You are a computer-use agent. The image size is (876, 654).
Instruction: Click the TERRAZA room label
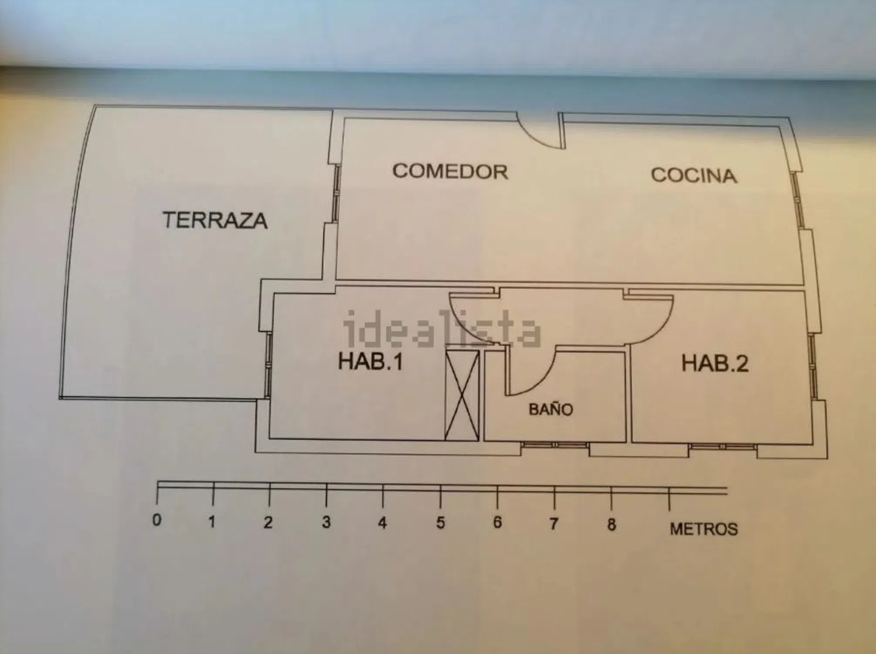pos(215,220)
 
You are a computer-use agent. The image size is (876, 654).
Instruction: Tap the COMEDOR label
pos(450,171)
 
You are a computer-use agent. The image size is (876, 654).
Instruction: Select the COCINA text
pos(694,175)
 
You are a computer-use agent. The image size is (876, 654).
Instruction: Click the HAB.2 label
pos(715,363)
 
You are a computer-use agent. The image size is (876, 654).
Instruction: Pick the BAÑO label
pos(551,409)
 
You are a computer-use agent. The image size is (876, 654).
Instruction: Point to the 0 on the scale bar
pos(156,520)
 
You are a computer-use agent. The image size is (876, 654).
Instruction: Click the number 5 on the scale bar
pos(440,523)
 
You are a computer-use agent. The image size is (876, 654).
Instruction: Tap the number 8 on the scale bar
pos(611,525)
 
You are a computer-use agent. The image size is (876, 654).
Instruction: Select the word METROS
pos(703,529)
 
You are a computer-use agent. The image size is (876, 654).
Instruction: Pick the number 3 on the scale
pos(326,521)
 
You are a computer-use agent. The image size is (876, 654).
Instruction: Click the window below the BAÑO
pos(554,445)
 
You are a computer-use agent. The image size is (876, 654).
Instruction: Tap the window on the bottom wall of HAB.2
pos(723,447)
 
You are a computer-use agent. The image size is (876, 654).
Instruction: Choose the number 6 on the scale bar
pos(497,523)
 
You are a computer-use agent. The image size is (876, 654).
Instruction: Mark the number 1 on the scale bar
pos(212,521)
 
